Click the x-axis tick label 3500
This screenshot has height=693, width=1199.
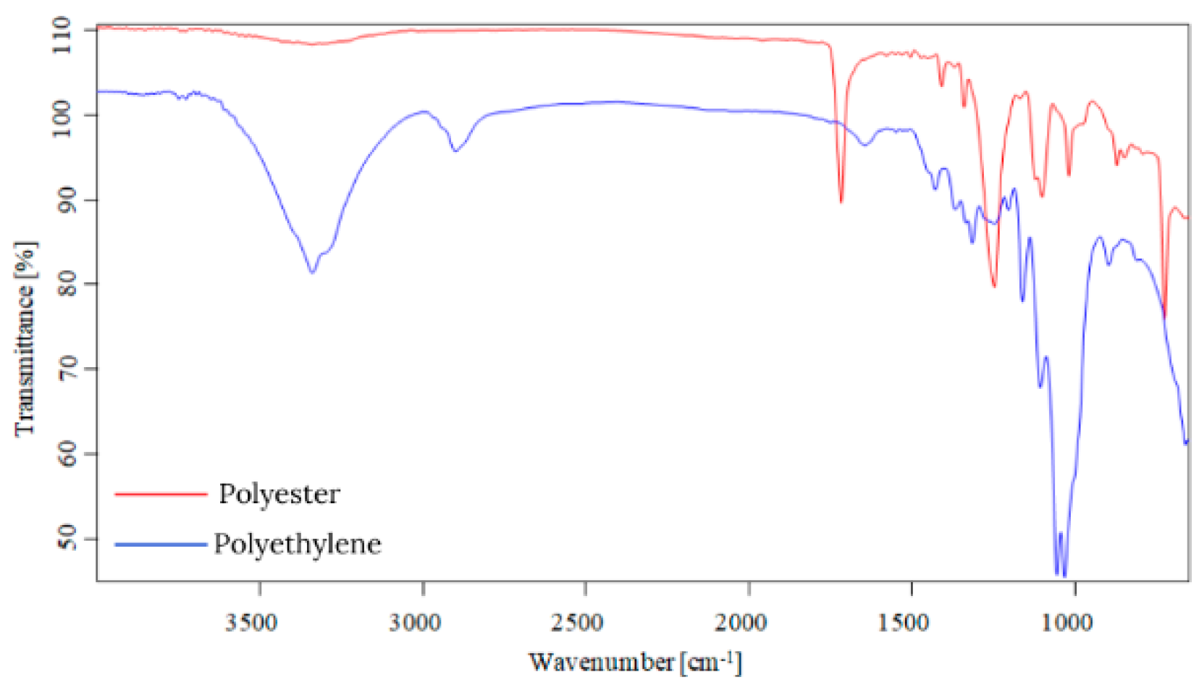tap(251, 623)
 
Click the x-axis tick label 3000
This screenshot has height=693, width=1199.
tap(415, 623)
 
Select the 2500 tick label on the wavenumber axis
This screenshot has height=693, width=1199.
tap(578, 623)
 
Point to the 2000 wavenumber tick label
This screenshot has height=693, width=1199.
tap(741, 623)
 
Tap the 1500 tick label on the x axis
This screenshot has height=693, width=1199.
tap(904, 623)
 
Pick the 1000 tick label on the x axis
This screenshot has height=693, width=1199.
tap(1067, 623)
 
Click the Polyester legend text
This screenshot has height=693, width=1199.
tap(279, 495)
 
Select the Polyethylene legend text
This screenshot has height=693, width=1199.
tap(297, 544)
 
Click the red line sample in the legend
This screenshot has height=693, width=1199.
tap(161, 495)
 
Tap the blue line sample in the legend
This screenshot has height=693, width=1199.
tap(161, 544)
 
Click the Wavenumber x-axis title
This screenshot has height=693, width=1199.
tap(634, 662)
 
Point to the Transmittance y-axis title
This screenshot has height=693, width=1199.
tap(25, 339)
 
